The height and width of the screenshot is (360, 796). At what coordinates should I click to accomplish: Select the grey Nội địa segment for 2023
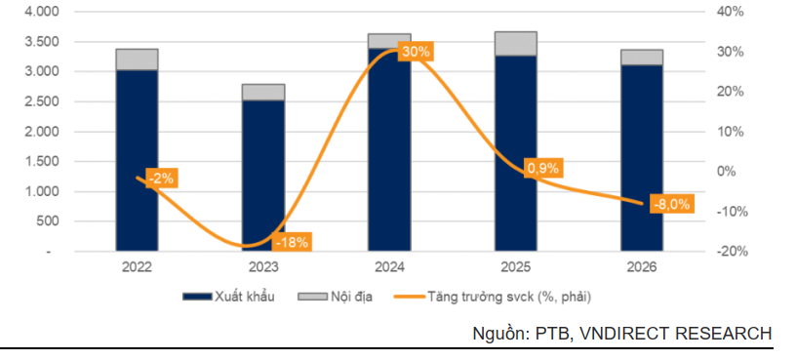point(263,92)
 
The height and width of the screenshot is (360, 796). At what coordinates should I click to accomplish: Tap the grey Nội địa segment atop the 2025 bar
point(516,44)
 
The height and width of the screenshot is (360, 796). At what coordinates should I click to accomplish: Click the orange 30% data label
point(415,52)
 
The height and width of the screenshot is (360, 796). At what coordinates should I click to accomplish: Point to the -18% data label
point(292,242)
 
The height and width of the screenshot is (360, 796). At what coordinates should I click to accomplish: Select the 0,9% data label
point(542,168)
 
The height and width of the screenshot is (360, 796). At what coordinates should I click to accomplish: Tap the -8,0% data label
point(670,204)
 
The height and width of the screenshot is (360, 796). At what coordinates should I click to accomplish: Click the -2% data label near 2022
point(160,178)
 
